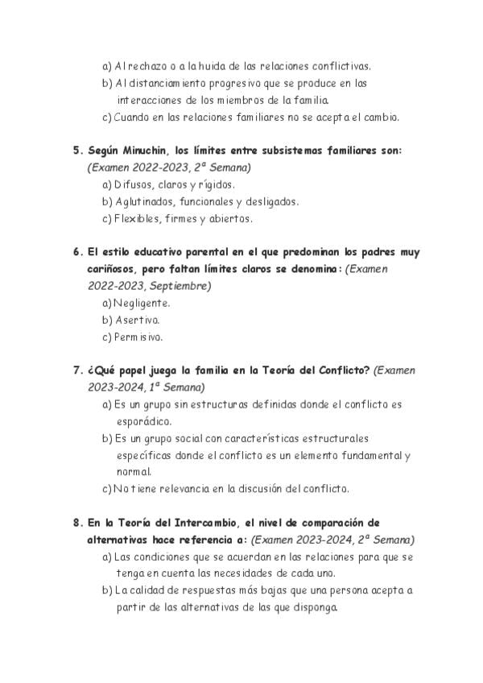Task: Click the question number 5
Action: (76, 151)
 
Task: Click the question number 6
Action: (76, 252)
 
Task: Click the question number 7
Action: (76, 370)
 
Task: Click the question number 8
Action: (76, 523)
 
